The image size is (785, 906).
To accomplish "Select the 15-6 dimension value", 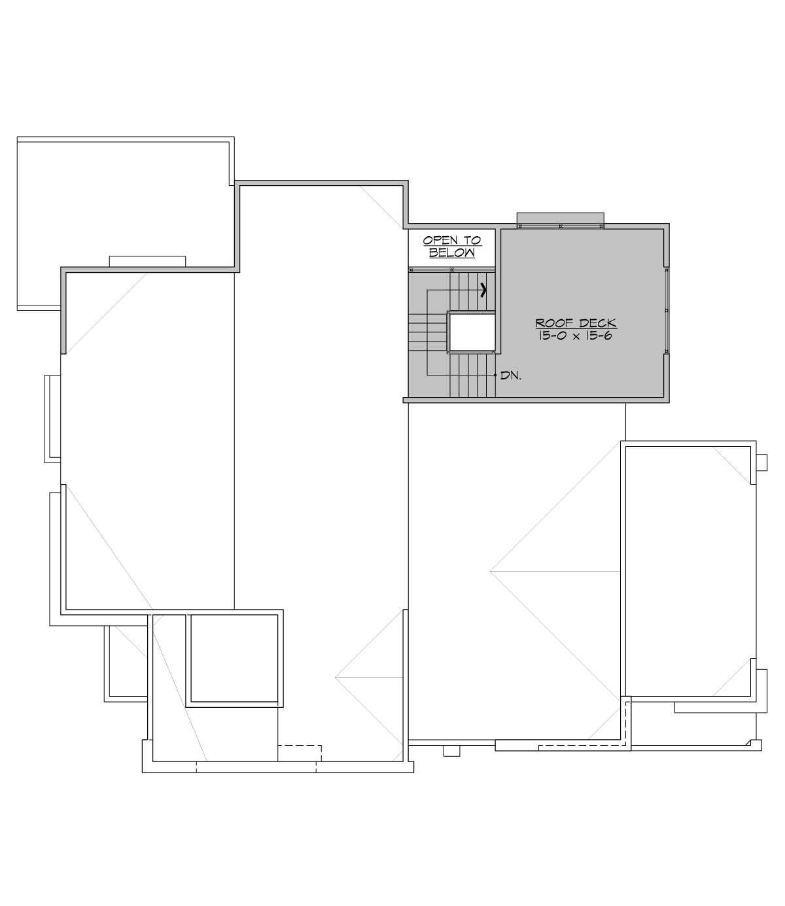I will pos(597,336).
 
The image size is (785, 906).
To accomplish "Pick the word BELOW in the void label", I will pos(451,253).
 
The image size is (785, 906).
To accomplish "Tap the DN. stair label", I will pos(510,376).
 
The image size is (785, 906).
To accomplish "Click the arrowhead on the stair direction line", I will pos(484,290).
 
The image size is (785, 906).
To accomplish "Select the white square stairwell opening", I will pos(471,333).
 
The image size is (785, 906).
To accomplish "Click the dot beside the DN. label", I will pos(495,375).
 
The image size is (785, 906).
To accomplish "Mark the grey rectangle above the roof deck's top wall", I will pos(560,218).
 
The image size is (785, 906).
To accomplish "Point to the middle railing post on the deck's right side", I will pos(666,310).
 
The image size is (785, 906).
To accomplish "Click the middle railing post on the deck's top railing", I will pos(561,226).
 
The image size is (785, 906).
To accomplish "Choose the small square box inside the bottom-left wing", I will pos(235,659).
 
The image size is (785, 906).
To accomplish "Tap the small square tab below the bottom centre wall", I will pos(451,750).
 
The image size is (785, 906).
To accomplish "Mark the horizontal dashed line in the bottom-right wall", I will pos(582,745).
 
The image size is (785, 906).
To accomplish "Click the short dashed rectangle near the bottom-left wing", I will pos(300,752).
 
